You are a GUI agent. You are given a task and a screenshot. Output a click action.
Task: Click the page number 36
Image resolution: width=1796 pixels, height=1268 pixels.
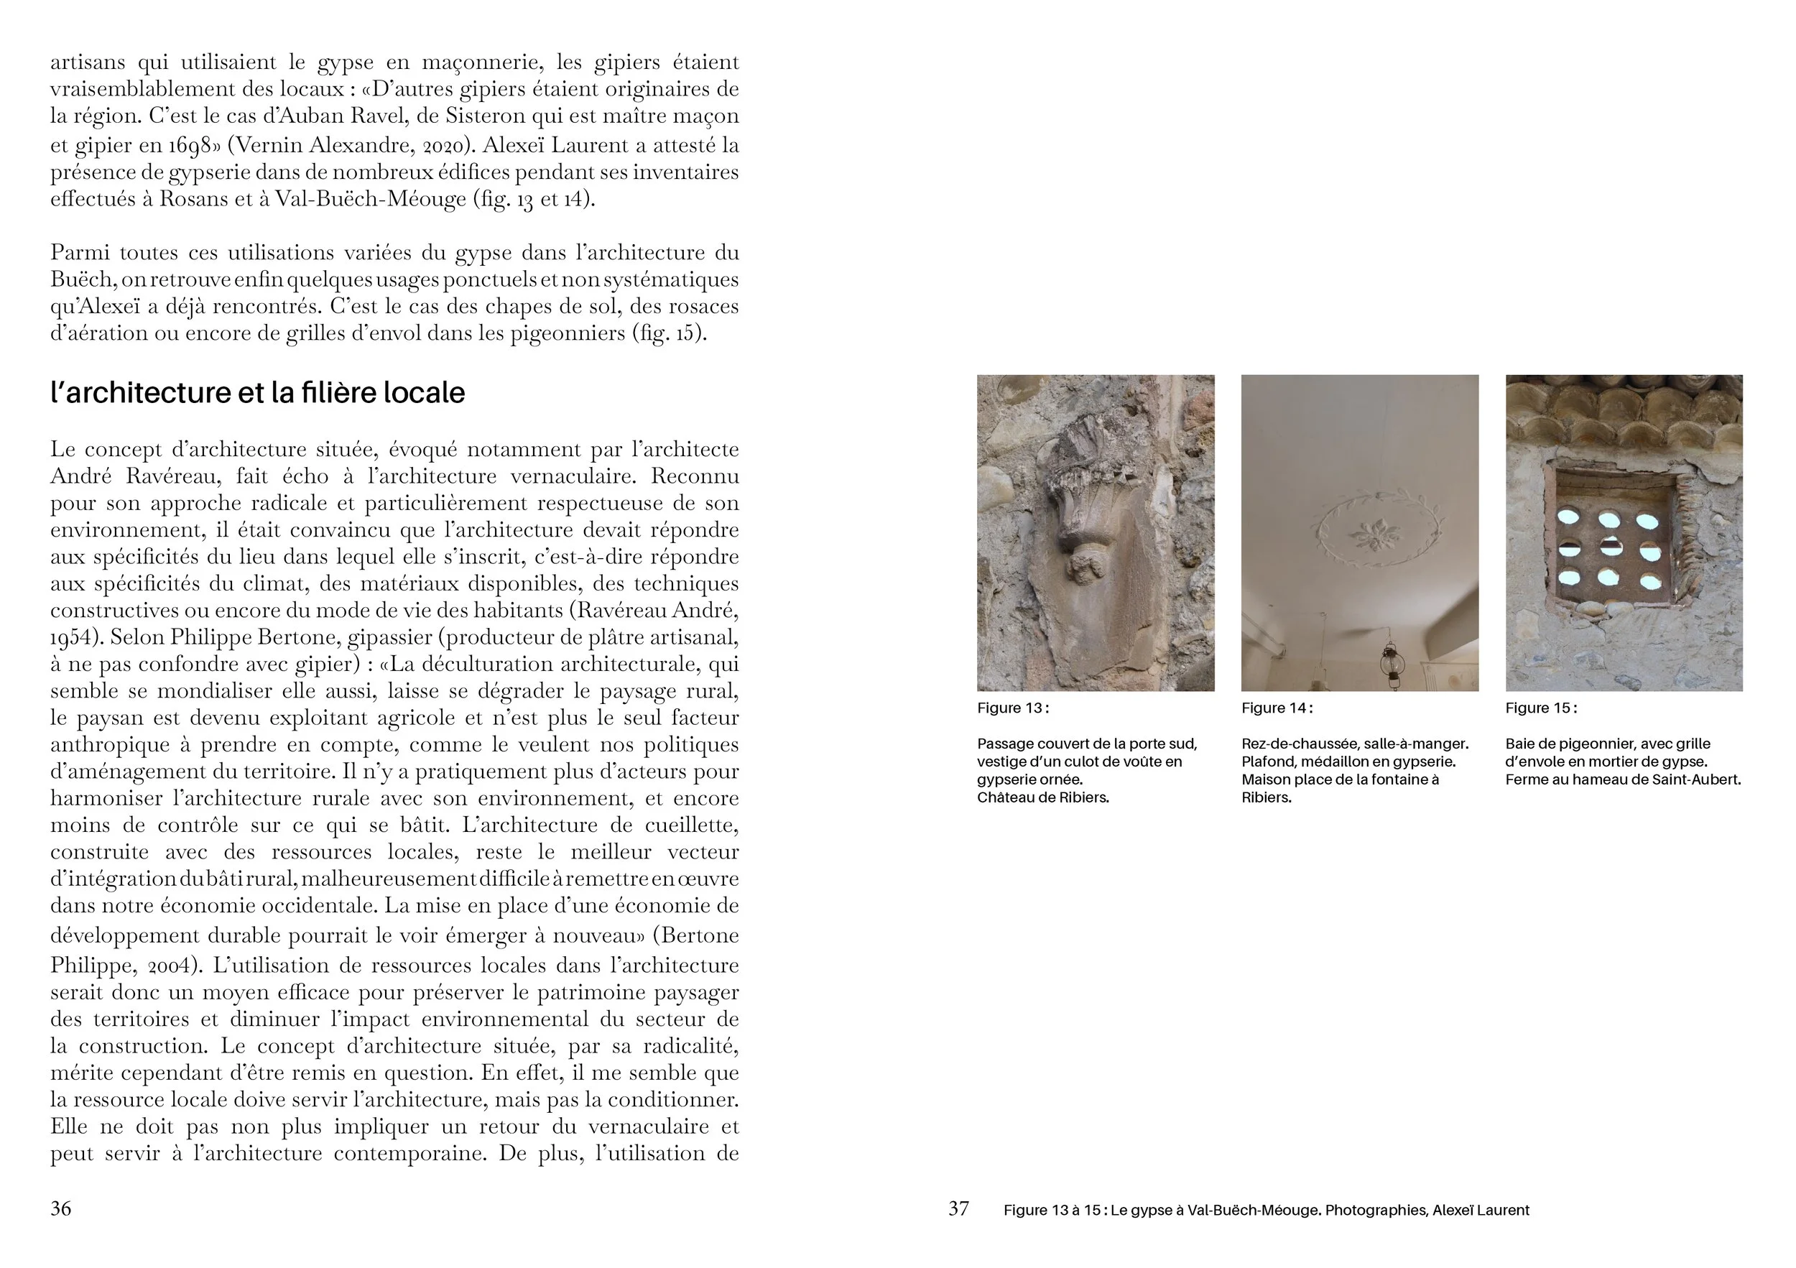[60, 1208]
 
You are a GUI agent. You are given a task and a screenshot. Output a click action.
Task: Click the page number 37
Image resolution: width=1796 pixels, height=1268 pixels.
[958, 1208]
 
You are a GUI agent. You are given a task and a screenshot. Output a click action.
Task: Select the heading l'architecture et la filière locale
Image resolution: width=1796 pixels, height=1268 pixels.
[257, 393]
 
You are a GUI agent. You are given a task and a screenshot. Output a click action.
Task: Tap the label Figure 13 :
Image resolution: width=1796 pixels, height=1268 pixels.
[1012, 708]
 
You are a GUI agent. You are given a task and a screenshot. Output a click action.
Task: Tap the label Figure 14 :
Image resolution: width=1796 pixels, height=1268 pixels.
[1277, 708]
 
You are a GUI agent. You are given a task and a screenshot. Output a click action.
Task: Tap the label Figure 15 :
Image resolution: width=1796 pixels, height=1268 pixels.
[1541, 708]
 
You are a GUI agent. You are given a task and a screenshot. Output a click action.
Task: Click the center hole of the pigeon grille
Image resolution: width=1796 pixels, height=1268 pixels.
[1608, 547]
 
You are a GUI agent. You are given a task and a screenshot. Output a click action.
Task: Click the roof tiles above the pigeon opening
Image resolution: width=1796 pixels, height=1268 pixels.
[1623, 411]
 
